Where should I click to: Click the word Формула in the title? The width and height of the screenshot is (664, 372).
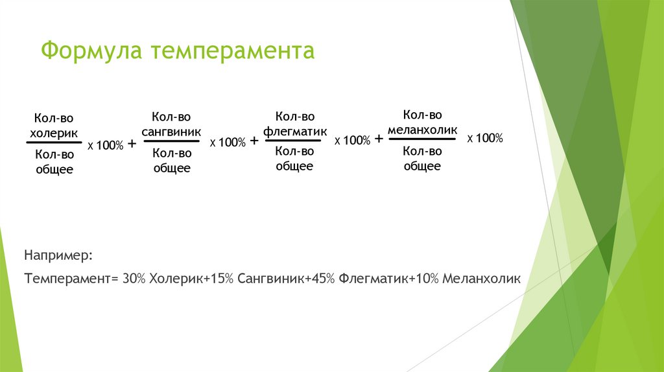click(x=93, y=51)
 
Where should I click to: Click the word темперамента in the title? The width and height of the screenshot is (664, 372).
click(x=233, y=51)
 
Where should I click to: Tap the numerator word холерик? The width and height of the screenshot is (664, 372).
click(x=54, y=132)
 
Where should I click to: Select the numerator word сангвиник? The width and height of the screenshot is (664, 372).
click(x=171, y=130)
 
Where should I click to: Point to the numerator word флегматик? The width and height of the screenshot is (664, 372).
click(x=295, y=130)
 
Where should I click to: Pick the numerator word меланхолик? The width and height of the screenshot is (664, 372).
click(x=422, y=128)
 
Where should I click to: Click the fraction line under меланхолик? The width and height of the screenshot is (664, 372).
click(x=422, y=140)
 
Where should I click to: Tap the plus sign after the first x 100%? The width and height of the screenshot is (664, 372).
click(x=132, y=143)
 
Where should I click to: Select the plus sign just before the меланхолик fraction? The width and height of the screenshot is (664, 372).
click(x=379, y=139)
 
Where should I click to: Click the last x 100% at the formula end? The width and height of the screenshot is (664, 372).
click(x=485, y=138)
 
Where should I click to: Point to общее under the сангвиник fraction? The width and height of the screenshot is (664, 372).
click(x=171, y=168)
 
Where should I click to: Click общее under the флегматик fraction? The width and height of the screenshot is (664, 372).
click(x=295, y=166)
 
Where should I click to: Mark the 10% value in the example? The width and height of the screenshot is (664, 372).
click(x=428, y=279)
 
